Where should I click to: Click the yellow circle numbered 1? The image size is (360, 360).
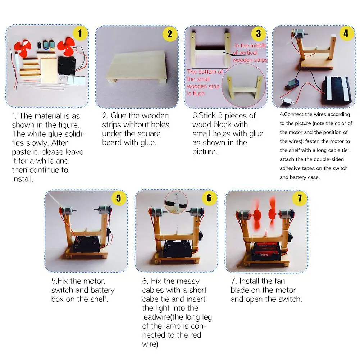(x=80, y=33)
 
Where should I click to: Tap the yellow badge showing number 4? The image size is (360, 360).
(x=346, y=33)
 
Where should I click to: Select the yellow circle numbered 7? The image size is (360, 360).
(x=300, y=198)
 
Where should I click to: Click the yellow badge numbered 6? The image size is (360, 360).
(x=209, y=198)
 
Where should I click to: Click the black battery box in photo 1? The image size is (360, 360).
(x=67, y=66)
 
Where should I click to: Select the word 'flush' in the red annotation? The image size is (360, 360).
(x=199, y=93)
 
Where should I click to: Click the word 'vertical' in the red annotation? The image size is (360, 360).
(x=248, y=53)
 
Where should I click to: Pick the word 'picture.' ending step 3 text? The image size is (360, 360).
(x=205, y=152)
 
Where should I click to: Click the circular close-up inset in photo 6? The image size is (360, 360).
(x=176, y=202)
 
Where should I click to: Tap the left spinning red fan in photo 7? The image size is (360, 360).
(x=257, y=215)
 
